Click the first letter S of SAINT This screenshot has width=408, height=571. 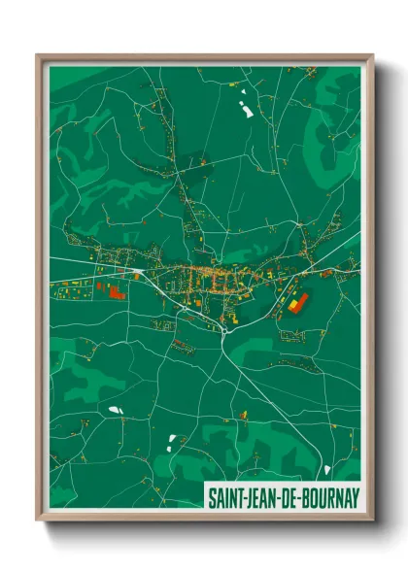211,496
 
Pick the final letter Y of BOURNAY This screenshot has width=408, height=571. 355,496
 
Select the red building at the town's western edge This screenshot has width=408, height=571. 116,291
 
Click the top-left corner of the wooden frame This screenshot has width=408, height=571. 38,55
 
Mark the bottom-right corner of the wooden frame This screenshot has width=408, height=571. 372,519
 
